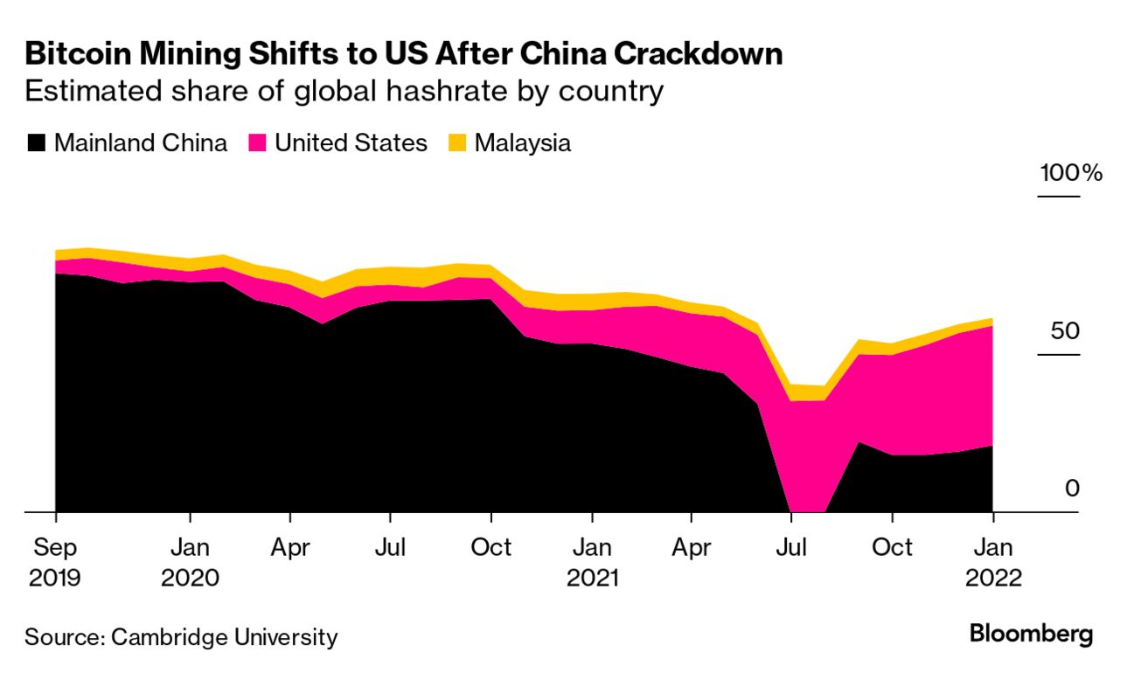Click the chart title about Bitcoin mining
403,53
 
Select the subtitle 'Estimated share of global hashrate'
344,91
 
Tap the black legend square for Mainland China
36,143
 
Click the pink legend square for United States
258,143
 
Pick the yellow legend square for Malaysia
457,143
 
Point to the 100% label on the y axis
1070,173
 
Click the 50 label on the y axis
1063,331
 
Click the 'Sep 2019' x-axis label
55,562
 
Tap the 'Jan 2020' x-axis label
190,562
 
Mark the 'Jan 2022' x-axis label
992,562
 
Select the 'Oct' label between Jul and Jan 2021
491,548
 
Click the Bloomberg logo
1031,635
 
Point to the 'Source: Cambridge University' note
180,637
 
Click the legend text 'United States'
351,143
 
